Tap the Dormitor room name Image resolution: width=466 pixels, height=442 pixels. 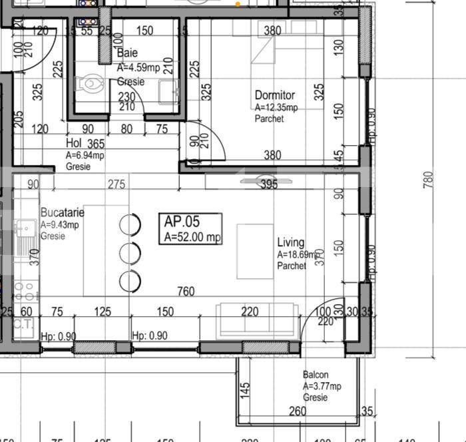pos(274,96)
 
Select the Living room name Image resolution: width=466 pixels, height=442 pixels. pos(291,243)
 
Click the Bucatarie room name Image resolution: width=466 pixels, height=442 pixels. pos(62,213)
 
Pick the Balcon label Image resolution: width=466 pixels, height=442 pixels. pos(316,375)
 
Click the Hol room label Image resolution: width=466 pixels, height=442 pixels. pos(73,143)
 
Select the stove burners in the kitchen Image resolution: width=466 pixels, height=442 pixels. pos(25,293)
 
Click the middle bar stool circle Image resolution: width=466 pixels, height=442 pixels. pos(130,253)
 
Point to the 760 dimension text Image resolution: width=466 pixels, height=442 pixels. pos(186,292)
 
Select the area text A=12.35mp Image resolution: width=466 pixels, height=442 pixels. pos(276,107)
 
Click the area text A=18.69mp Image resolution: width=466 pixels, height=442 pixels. pos(299,254)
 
